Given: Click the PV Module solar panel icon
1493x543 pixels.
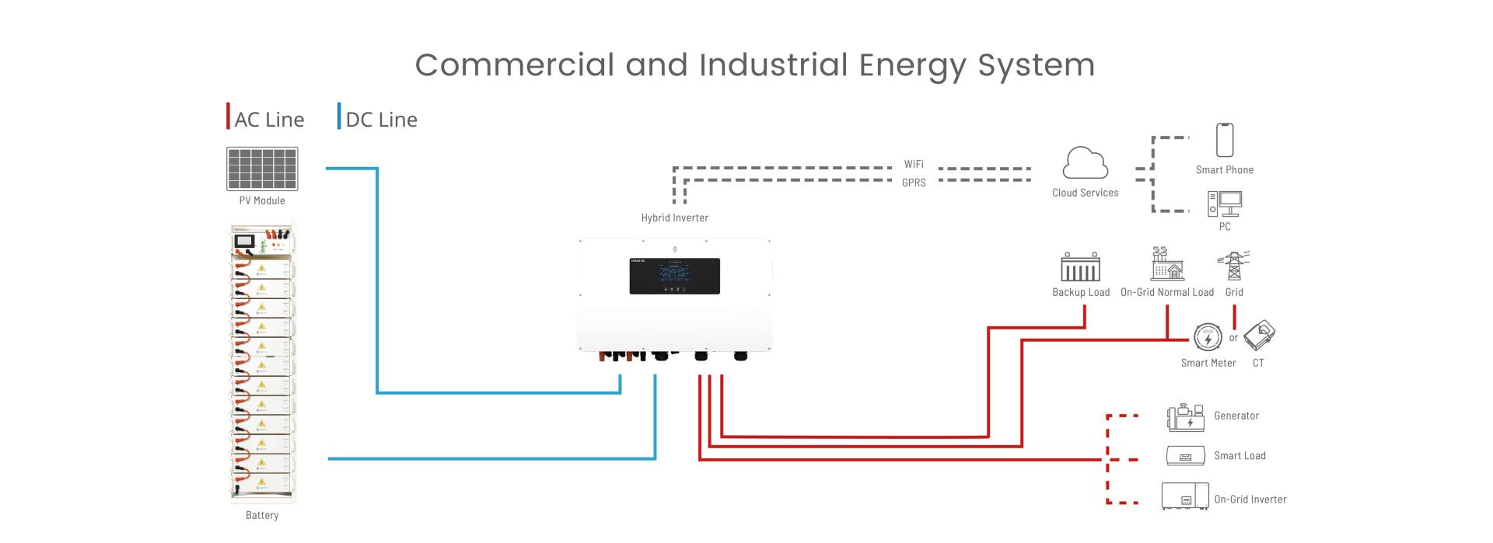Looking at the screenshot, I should pyautogui.click(x=262, y=169).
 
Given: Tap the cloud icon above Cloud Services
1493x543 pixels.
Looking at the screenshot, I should pyautogui.click(x=1085, y=164).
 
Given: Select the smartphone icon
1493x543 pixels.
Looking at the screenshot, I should pyautogui.click(x=1225, y=140).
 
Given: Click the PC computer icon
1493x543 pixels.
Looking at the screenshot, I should pyautogui.click(x=1225, y=204).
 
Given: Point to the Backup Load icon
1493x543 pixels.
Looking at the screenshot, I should pyautogui.click(x=1081, y=267).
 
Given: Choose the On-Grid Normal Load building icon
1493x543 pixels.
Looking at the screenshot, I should pyautogui.click(x=1167, y=265).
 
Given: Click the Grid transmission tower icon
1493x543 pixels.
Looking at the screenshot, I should pyautogui.click(x=1233, y=266).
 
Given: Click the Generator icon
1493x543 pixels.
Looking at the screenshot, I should pyautogui.click(x=1186, y=417).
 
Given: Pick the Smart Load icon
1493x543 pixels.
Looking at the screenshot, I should pyautogui.click(x=1186, y=456).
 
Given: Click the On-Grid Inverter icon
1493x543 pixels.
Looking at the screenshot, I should pyautogui.click(x=1185, y=496).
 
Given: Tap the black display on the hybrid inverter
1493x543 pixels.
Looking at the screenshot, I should pyautogui.click(x=674, y=276).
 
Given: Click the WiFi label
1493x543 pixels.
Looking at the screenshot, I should pyautogui.click(x=914, y=165).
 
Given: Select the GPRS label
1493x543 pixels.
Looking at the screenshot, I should pyautogui.click(x=914, y=183).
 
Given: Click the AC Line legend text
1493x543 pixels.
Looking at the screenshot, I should pyautogui.click(x=269, y=120).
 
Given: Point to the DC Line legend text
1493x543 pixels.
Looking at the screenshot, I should pyautogui.click(x=381, y=120).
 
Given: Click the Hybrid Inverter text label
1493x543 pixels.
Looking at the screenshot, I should pyautogui.click(x=674, y=218).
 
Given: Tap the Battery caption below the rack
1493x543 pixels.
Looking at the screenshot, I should pyautogui.click(x=262, y=515).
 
